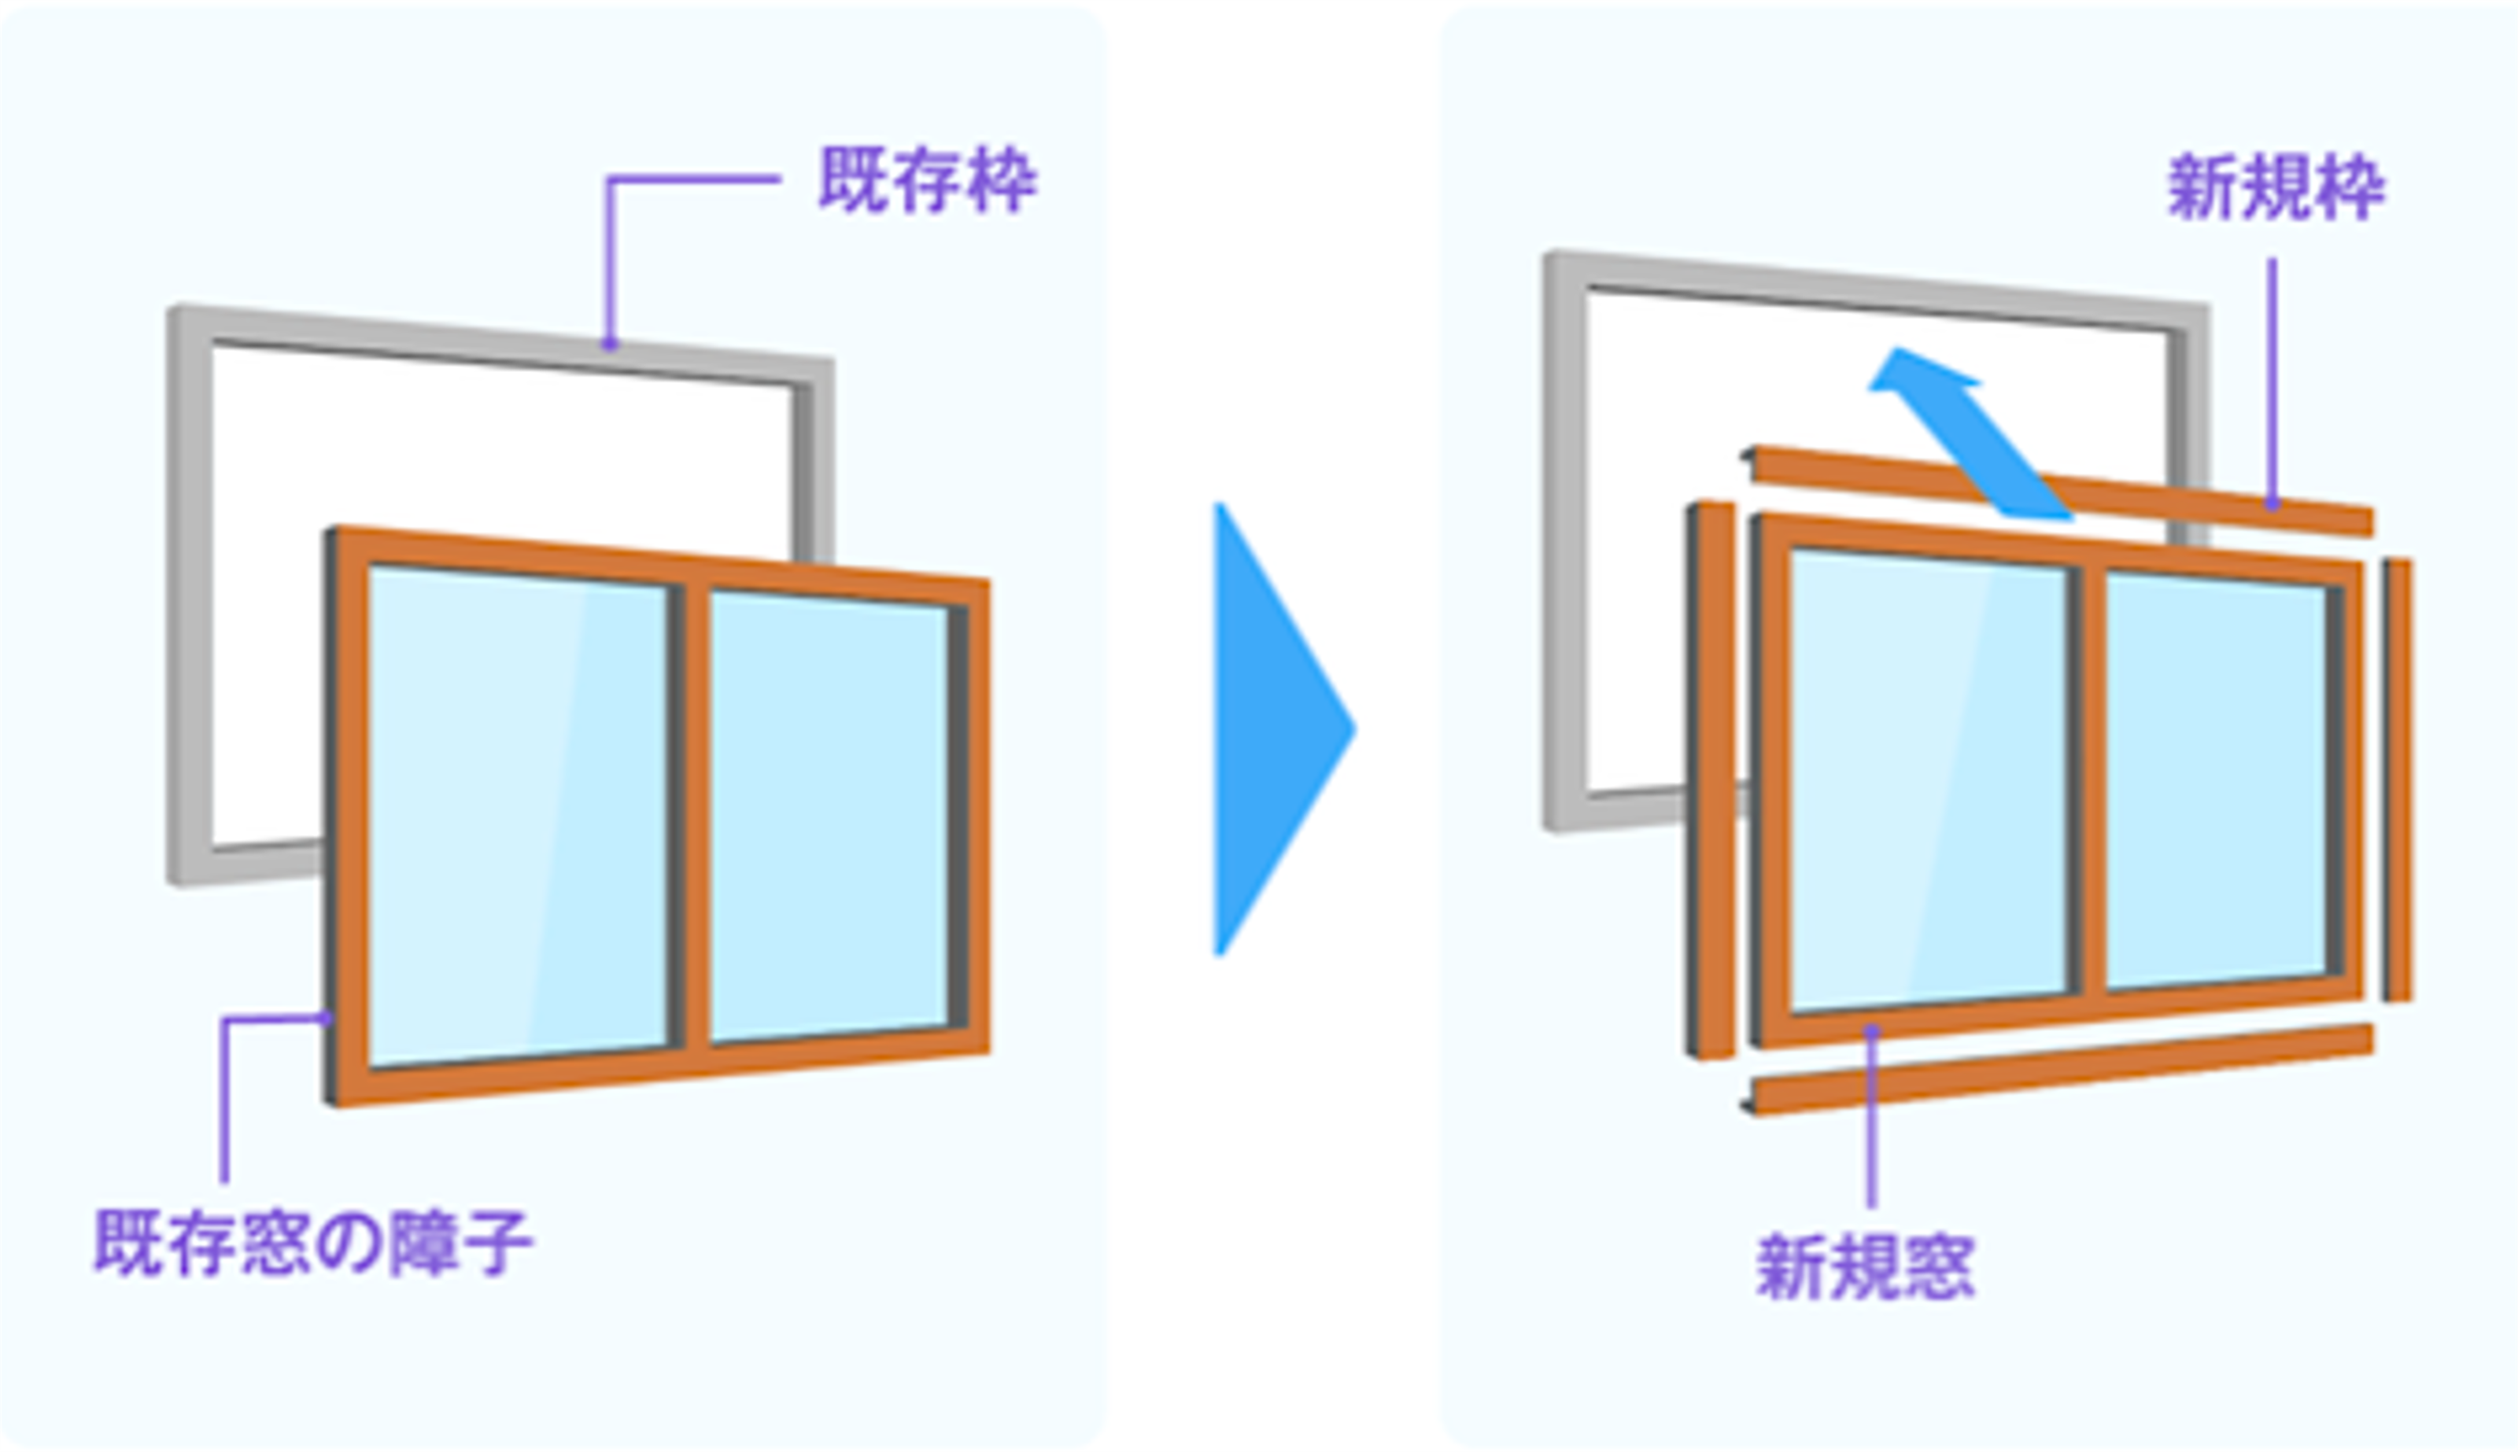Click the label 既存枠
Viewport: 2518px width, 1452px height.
[927, 180]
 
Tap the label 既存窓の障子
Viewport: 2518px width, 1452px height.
[312, 1243]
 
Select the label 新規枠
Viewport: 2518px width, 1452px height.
[2276, 186]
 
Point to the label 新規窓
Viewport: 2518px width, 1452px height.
[1865, 1267]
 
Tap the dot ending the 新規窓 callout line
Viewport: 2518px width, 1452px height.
[1873, 1030]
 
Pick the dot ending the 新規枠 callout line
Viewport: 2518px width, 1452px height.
[2272, 506]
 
